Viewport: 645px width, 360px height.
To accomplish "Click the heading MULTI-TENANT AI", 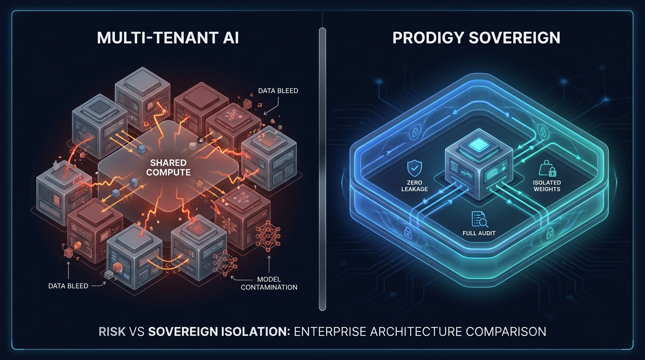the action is [x=168, y=37].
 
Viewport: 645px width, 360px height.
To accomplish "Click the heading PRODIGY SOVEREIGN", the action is [x=476, y=37].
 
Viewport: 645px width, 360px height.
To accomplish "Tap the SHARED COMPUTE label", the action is [x=168, y=168].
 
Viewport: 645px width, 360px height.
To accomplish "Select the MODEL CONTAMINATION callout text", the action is [x=269, y=283].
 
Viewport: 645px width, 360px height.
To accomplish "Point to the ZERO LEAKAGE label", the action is [x=415, y=186].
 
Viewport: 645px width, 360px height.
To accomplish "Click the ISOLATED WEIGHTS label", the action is [x=547, y=186].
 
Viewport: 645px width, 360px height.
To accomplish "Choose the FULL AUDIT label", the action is [x=479, y=233].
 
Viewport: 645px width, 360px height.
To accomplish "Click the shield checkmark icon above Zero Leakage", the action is [x=415, y=168].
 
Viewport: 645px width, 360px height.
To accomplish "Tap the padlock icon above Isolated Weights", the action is [x=547, y=168].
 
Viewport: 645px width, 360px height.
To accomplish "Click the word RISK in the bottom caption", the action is [x=112, y=332].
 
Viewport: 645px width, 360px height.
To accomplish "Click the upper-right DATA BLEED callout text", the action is [x=278, y=91].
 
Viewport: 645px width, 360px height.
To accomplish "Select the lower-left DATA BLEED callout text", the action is [x=68, y=286].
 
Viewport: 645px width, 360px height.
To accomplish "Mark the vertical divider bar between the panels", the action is [x=322, y=169].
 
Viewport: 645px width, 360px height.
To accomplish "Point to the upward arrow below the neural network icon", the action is [x=269, y=264].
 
